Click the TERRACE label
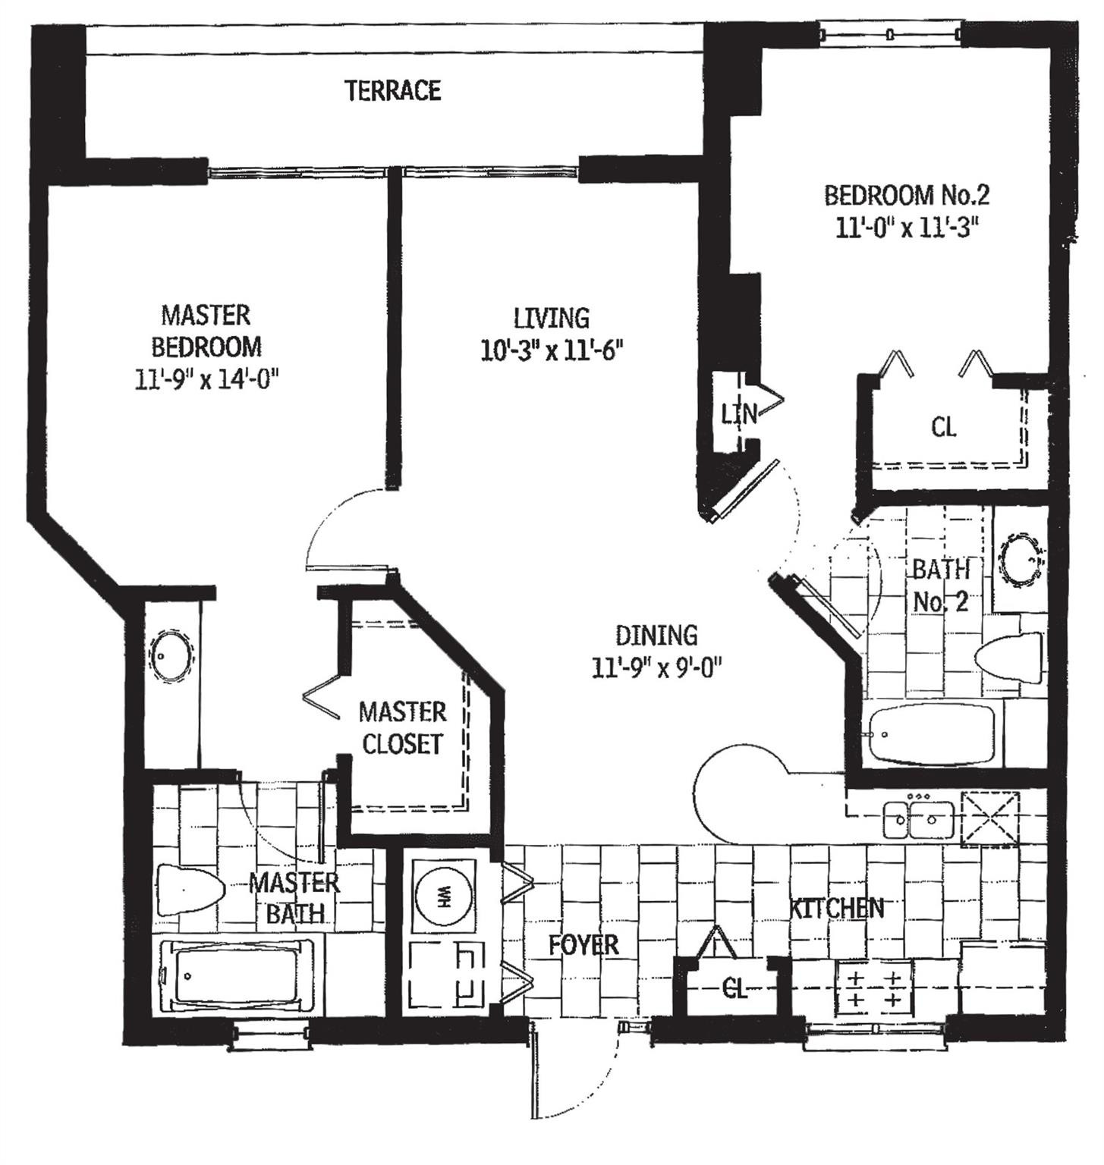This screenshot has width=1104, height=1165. pyautogui.click(x=393, y=91)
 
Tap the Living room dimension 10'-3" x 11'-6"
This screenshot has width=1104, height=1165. pyautogui.click(x=552, y=350)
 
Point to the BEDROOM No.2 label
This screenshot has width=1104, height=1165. pyautogui.click(x=907, y=196)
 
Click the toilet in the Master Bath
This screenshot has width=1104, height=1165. pyautogui.click(x=189, y=889)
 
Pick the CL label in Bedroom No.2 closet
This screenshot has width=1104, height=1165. pyautogui.click(x=943, y=428)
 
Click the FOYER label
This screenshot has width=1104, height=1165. pyautogui.click(x=583, y=945)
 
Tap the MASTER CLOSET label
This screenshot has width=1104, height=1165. pyautogui.click(x=402, y=728)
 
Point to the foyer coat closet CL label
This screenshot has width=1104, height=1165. pyautogui.click(x=734, y=989)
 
